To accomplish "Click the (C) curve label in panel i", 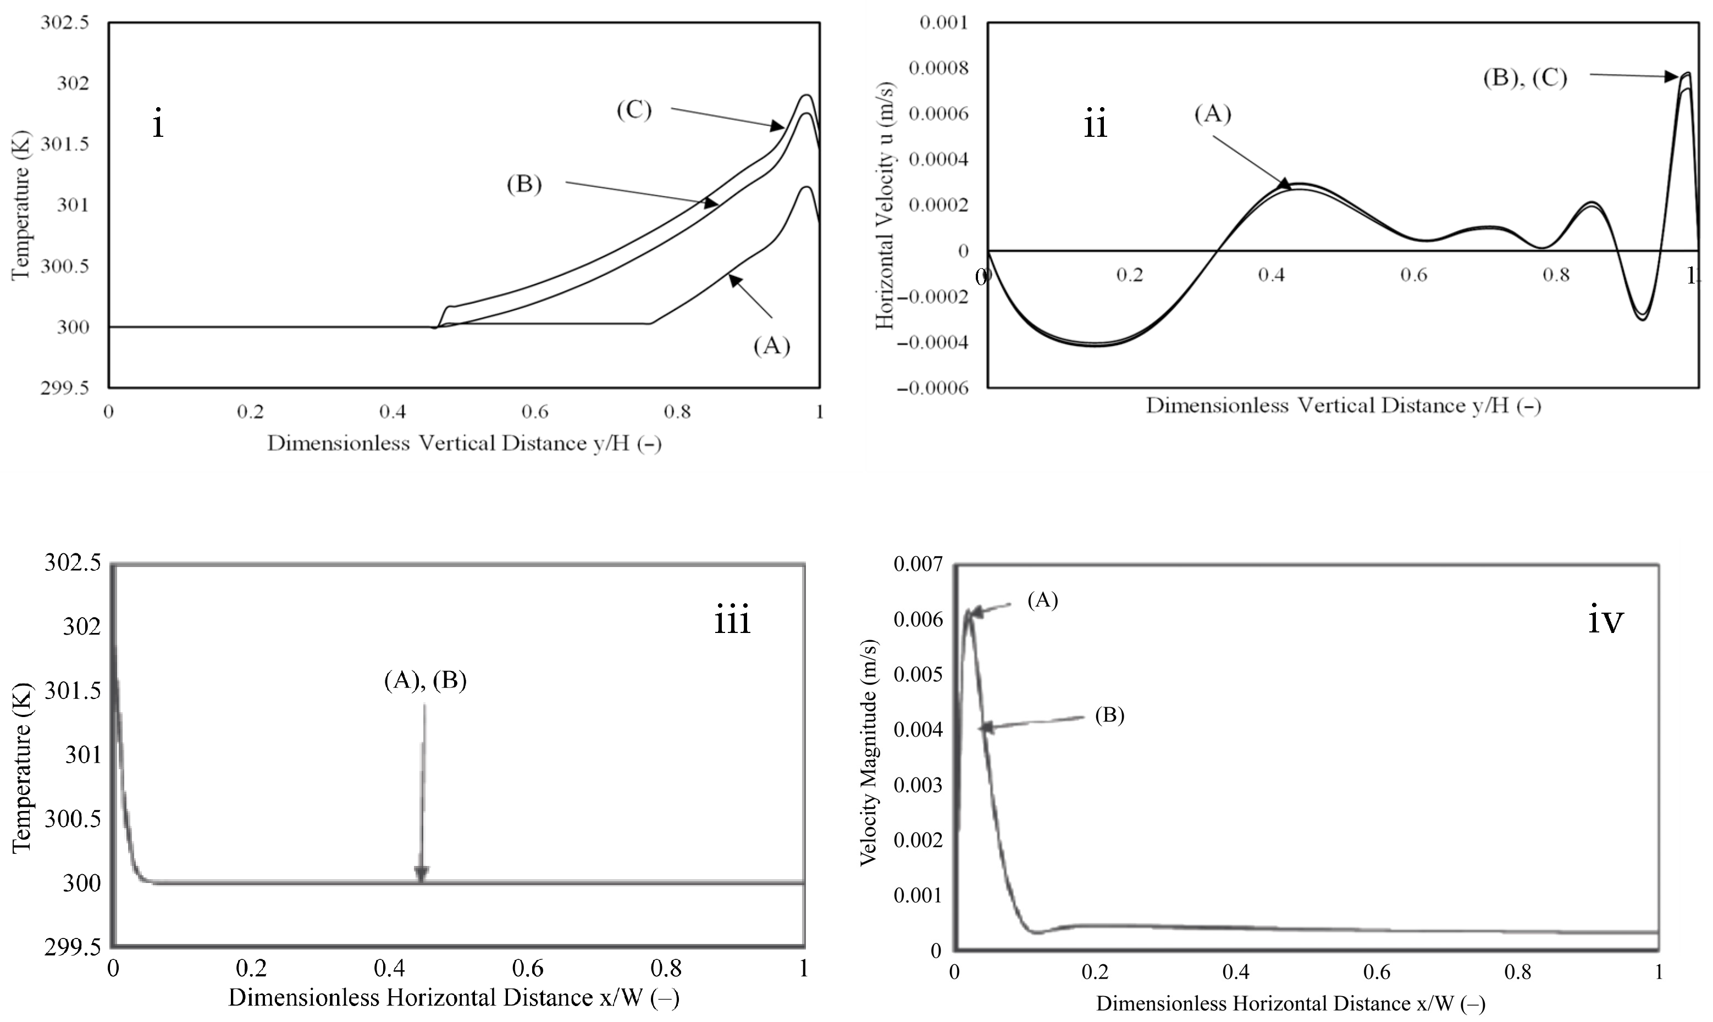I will (633, 110).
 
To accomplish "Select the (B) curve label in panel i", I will (524, 185).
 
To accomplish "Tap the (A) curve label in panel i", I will (771, 346).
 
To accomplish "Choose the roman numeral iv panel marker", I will (1605, 621).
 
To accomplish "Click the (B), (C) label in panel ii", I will (1525, 78).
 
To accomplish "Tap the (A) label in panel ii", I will (1213, 114).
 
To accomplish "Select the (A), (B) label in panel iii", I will (425, 680).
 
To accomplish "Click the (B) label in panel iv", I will (1109, 715).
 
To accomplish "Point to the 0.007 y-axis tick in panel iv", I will (917, 565).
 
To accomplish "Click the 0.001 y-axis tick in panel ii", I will (943, 23).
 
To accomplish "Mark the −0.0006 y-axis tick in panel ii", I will (932, 388).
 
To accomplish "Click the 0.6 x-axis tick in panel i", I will (535, 412).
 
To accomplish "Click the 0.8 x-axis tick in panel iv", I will (1517, 972).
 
